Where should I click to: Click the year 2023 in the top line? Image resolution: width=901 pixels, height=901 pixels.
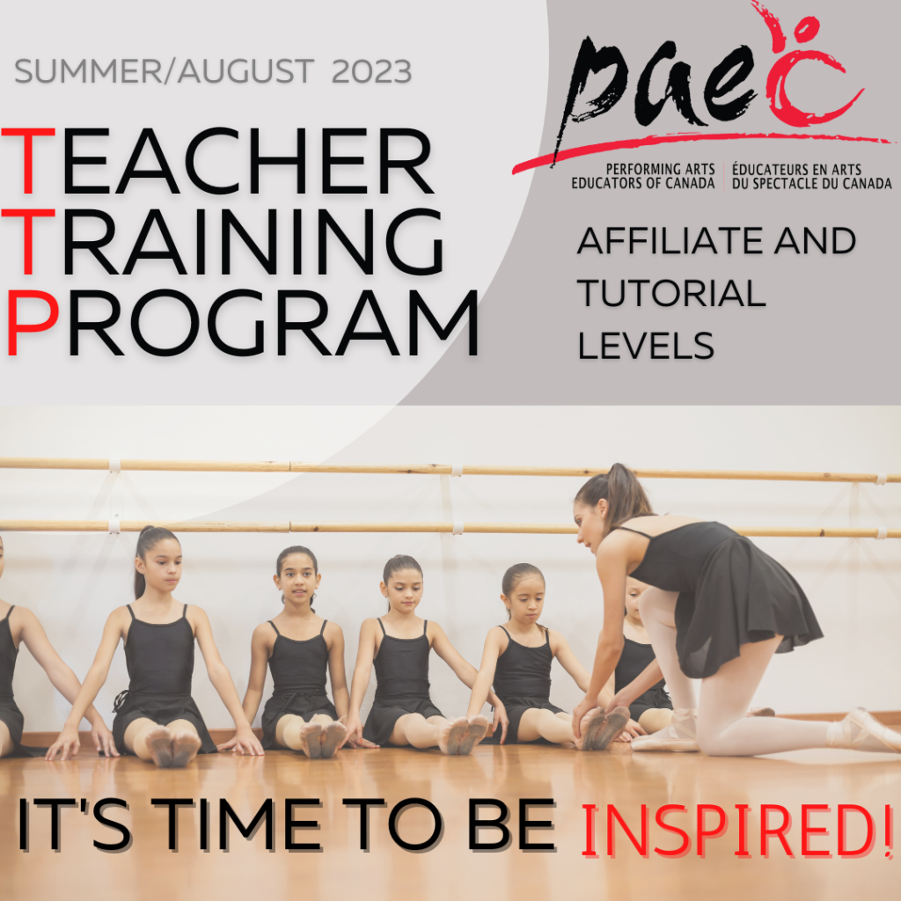[371, 71]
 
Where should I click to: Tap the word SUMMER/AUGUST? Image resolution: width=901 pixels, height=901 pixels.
[164, 71]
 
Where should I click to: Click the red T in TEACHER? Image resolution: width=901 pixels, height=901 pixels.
[28, 161]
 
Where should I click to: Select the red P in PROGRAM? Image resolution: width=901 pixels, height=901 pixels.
[33, 322]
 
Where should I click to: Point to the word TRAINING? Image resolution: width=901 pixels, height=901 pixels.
[223, 241]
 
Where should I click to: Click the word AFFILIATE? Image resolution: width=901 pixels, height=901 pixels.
[670, 240]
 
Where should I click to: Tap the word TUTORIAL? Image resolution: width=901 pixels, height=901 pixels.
[671, 293]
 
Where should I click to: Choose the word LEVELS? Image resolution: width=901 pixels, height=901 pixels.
[646, 346]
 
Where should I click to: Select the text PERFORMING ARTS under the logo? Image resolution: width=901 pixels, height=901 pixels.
[660, 170]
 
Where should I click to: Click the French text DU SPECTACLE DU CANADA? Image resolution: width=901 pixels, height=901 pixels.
[811, 184]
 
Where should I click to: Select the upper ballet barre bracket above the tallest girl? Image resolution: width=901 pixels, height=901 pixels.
[114, 465]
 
